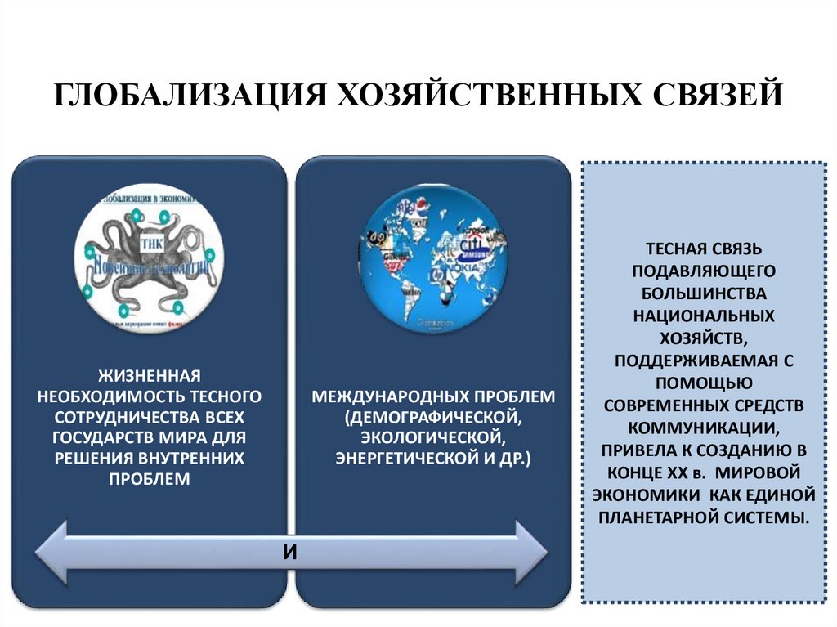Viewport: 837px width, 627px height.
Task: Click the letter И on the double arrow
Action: tap(289, 552)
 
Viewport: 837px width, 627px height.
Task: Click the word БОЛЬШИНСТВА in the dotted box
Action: tap(703, 291)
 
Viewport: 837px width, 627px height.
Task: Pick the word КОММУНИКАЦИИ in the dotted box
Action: tap(703, 427)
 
